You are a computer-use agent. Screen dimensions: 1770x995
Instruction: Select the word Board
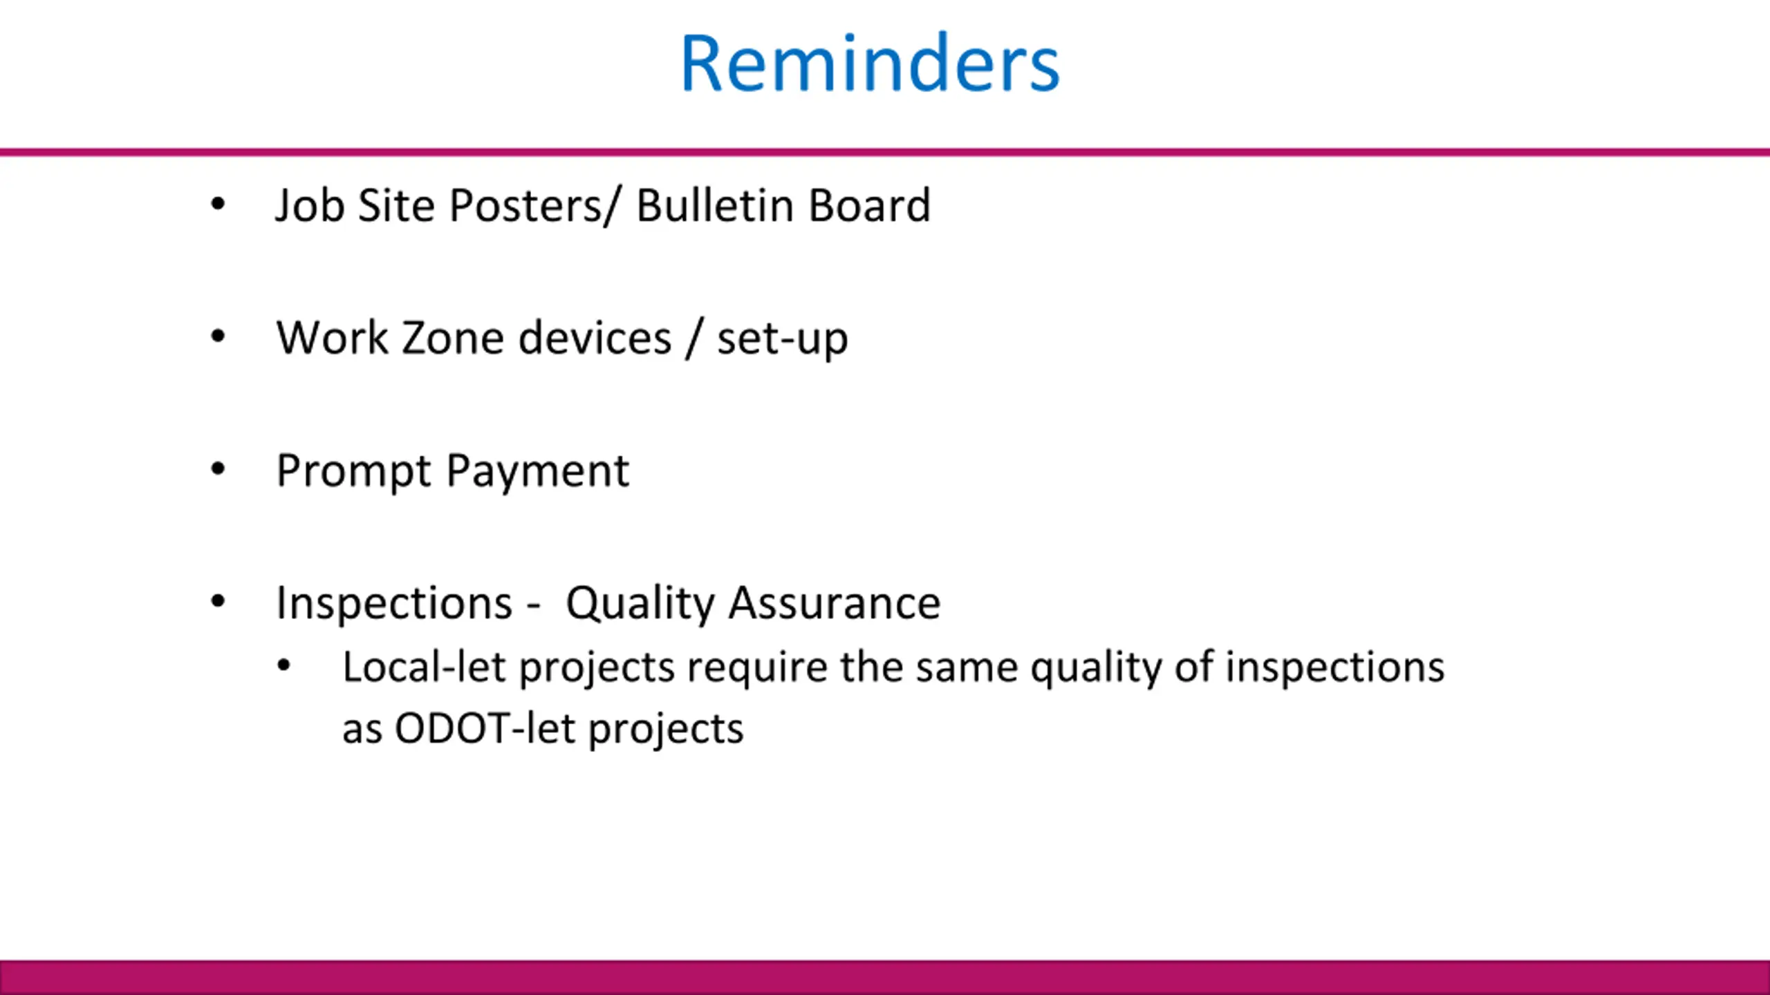click(870, 205)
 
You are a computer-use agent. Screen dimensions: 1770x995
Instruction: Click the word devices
click(595, 338)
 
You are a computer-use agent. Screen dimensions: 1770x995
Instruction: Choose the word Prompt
click(353, 471)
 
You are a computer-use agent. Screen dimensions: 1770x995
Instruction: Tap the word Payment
click(538, 471)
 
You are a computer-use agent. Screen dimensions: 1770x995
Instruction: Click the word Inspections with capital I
click(394, 603)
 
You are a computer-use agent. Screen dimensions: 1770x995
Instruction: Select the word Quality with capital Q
click(640, 603)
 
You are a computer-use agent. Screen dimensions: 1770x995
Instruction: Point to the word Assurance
click(835, 603)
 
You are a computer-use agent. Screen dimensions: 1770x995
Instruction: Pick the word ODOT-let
click(485, 728)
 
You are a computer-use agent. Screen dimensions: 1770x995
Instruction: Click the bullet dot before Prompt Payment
click(218, 470)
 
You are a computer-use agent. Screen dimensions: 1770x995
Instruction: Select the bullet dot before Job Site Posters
click(218, 204)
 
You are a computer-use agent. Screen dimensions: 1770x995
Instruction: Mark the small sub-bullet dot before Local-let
click(284, 666)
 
